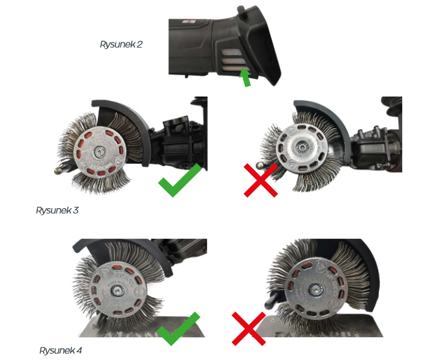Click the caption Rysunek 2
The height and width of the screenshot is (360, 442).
(x=121, y=44)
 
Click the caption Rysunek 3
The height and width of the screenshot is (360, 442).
(x=57, y=210)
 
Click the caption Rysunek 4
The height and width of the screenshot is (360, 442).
(x=61, y=350)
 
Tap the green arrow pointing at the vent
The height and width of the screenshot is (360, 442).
(x=245, y=78)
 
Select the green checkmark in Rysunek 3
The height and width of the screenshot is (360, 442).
(x=180, y=180)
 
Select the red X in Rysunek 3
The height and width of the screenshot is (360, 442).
(x=260, y=180)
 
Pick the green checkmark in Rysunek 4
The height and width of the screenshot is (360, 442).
(x=178, y=329)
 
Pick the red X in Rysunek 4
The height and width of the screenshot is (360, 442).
(x=249, y=329)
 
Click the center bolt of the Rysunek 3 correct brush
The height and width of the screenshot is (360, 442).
(x=99, y=153)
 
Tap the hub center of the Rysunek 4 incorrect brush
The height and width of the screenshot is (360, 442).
(x=313, y=290)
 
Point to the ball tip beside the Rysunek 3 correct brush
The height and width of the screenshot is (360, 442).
(x=58, y=170)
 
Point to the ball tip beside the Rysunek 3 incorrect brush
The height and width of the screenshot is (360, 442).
(x=259, y=165)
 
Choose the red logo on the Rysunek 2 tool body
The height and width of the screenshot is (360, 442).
(x=188, y=22)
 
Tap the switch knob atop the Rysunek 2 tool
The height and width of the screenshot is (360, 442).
(x=242, y=10)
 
